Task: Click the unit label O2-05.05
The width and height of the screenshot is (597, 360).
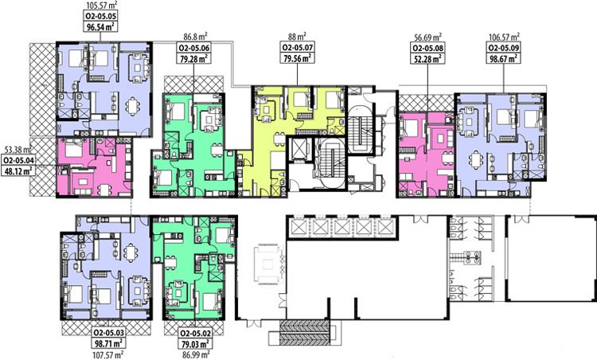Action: (100, 16)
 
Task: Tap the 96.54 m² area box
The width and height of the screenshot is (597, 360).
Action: (100, 26)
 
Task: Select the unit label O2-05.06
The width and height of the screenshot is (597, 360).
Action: (194, 49)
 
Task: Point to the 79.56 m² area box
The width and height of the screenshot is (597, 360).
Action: (298, 58)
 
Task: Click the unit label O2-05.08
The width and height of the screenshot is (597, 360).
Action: (428, 49)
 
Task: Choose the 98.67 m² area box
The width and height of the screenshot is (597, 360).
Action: (504, 58)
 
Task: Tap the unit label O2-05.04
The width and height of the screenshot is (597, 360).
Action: (18, 160)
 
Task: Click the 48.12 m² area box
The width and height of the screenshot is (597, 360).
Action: (18, 170)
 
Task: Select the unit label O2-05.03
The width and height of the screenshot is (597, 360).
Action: (109, 333)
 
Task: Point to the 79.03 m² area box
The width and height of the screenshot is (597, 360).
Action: (195, 343)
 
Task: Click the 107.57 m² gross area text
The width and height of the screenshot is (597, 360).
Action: (109, 355)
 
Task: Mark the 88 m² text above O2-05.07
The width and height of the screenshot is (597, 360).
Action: (298, 37)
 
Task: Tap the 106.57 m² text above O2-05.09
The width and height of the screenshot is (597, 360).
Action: (504, 37)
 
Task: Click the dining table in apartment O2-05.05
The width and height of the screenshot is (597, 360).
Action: (132, 106)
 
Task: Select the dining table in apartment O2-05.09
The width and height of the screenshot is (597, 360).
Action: (475, 160)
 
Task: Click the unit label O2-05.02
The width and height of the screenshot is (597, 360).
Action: (195, 333)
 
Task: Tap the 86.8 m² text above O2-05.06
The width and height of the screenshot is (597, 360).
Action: (195, 37)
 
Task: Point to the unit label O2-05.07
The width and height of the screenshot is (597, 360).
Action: (298, 48)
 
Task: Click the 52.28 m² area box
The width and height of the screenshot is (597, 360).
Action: (428, 58)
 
